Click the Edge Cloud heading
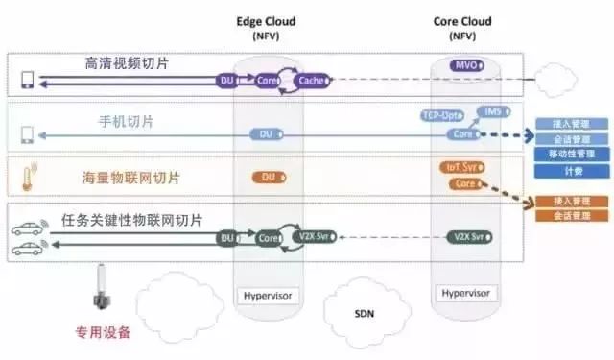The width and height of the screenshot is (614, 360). tap(267, 22)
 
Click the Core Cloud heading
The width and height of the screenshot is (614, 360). tap(464, 22)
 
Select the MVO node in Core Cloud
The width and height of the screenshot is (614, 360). tap(466, 65)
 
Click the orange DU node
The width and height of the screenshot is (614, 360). tap(270, 178)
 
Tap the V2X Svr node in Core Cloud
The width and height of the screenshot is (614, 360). tap(466, 236)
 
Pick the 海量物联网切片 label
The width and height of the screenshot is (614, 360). tap(130, 179)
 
